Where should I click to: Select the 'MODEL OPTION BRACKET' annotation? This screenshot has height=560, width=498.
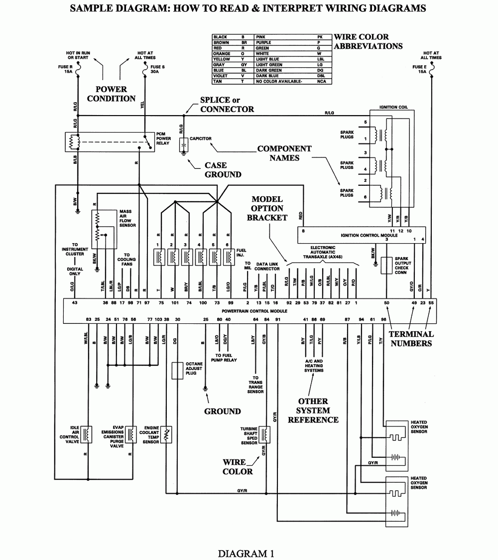point(267,208)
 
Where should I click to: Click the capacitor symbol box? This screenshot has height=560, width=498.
point(183,144)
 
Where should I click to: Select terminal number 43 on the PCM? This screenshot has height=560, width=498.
point(75,303)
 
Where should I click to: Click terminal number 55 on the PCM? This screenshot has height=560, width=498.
point(431,303)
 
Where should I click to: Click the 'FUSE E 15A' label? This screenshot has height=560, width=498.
point(419,69)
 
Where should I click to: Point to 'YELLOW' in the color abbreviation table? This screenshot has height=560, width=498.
point(221,59)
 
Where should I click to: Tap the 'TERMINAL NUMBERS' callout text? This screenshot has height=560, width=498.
point(411,339)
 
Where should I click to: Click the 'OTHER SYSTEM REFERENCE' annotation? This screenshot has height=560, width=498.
point(313,411)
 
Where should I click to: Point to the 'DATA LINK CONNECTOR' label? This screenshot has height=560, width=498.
point(267,267)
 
